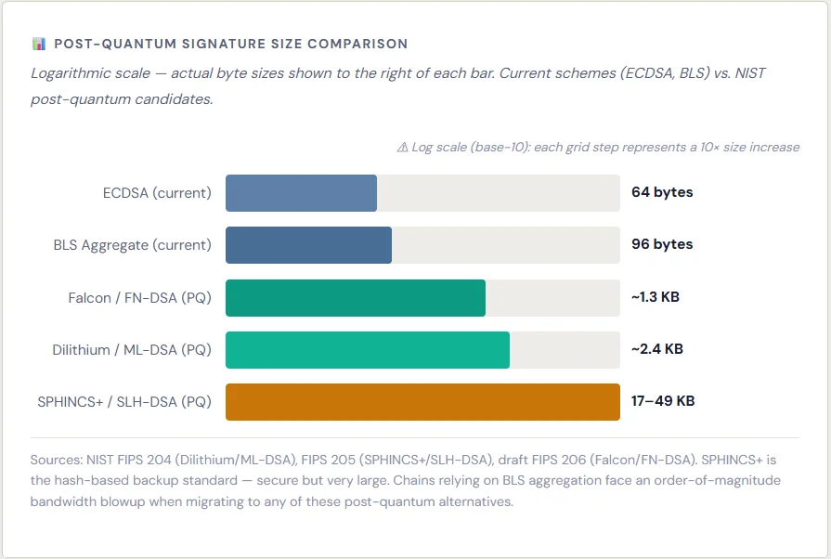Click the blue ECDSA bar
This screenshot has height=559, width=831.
point(301,193)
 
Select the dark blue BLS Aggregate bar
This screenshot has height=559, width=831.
point(308,245)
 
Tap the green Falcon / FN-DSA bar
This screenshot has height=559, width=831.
point(355,298)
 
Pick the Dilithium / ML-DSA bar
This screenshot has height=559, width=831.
point(367,350)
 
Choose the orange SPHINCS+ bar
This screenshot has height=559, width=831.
point(422,402)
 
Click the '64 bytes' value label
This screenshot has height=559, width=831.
point(662,193)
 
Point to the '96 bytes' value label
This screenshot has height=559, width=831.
point(662,245)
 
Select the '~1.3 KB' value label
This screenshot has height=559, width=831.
point(656,298)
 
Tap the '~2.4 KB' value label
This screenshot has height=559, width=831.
point(657,350)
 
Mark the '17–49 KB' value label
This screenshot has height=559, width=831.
point(663,402)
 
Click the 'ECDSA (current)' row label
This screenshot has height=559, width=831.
point(157,193)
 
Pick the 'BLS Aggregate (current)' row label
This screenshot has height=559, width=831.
point(133,245)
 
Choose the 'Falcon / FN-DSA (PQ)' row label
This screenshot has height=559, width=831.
point(139,298)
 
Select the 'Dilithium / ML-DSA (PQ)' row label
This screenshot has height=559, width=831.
point(132,350)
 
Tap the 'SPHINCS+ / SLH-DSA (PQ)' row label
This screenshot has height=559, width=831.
point(124,402)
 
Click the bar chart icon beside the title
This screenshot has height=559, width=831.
point(39,44)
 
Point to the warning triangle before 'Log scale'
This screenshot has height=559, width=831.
point(402,147)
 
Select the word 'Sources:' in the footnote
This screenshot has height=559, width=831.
point(57,460)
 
